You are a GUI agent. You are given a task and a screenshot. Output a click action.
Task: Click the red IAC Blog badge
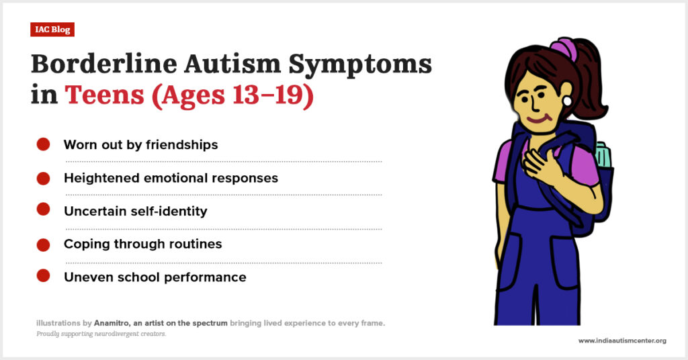52,30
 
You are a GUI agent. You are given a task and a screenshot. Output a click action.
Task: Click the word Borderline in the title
104,64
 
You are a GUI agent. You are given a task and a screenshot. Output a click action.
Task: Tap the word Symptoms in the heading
360,66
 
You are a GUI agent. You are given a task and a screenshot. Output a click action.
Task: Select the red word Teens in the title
104,94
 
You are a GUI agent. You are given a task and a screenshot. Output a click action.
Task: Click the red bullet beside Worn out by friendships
43,144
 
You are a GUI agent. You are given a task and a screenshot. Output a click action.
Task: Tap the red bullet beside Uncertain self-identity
43,209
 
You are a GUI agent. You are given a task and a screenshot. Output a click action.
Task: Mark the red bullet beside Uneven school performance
43,276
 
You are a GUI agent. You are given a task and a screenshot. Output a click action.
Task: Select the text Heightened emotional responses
171,178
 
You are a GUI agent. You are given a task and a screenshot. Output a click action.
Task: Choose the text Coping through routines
142,244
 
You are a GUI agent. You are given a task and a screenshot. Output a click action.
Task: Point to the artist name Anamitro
112,323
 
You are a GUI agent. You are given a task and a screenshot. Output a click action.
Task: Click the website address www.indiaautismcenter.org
622,341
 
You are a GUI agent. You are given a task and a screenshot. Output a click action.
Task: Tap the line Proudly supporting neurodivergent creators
101,334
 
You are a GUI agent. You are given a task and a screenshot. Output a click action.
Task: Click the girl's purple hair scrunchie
564,48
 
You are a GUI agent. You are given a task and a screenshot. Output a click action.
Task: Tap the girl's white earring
567,101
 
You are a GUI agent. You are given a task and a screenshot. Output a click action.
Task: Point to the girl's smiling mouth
538,118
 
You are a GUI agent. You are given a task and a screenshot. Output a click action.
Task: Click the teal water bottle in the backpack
603,154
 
